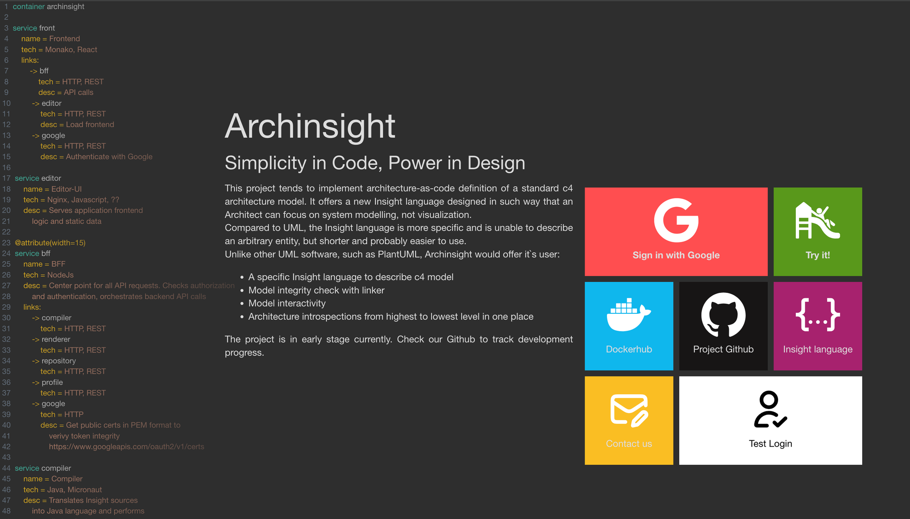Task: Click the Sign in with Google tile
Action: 676,232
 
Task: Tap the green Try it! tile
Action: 818,232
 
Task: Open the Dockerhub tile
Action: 629,326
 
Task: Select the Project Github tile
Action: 723,326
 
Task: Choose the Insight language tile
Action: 818,326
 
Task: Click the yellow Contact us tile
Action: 629,420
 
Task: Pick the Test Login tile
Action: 770,420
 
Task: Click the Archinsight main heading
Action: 310,126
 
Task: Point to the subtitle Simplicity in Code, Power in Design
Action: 375,163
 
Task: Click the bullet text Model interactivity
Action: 287,303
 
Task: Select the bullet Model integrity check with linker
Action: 316,290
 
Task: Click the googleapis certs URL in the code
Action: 126,447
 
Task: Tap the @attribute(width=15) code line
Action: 50,243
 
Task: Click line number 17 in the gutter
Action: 6,178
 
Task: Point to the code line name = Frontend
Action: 51,39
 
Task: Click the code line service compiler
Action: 43,468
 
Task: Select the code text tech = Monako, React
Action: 59,50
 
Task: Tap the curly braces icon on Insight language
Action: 818,314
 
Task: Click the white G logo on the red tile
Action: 676,220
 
